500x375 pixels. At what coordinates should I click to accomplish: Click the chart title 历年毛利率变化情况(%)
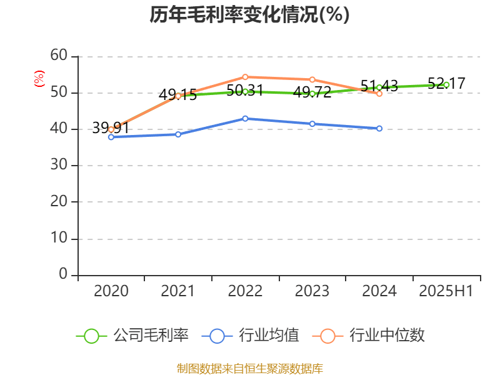[x=249, y=14]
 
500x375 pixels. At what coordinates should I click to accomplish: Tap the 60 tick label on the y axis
[x=59, y=56]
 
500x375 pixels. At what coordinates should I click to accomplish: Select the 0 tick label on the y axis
[x=63, y=274]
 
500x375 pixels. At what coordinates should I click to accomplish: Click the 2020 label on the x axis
[x=111, y=291]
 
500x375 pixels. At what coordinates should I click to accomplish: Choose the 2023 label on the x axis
[x=312, y=291]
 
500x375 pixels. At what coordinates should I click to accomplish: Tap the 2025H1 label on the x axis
[x=446, y=291]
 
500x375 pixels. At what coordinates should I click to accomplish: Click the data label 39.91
[x=110, y=128]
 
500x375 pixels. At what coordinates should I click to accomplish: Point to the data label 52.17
[x=446, y=83]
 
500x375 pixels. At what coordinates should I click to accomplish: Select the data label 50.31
[x=244, y=90]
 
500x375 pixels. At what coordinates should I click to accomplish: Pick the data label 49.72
[x=312, y=92]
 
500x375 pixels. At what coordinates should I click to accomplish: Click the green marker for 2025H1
[x=446, y=84]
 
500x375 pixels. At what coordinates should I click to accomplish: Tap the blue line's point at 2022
[x=245, y=118]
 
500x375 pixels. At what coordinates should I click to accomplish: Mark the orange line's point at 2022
[x=245, y=77]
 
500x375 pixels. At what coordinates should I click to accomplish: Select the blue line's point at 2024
[x=379, y=128]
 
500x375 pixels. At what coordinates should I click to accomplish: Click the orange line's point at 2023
[x=312, y=79]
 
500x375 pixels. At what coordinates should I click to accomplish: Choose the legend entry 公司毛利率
[x=132, y=336]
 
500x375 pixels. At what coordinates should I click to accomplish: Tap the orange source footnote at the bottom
[x=249, y=368]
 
